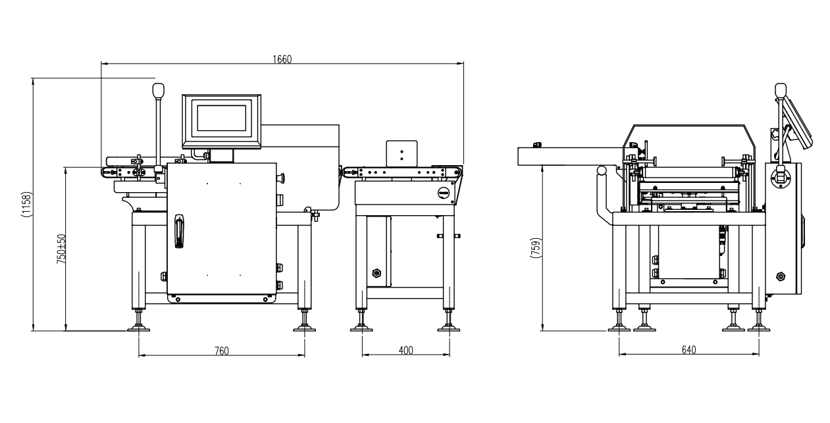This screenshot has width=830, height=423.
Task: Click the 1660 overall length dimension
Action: tap(282, 59)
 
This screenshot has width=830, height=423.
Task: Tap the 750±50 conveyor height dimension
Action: tap(61, 249)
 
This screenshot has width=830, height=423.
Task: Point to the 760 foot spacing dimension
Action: tap(222, 351)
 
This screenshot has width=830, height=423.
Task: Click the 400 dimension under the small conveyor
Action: tap(405, 351)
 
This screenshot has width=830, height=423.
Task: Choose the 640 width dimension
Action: tap(689, 350)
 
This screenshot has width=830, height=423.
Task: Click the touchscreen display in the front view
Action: tap(222, 121)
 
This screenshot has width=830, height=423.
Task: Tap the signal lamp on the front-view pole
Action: tap(158, 90)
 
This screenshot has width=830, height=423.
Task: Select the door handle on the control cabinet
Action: tap(179, 231)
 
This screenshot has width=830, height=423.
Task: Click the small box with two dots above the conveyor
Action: tap(402, 153)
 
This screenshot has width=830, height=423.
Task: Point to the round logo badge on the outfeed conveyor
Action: tap(444, 193)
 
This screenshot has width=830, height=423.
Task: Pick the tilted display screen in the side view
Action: tap(798, 123)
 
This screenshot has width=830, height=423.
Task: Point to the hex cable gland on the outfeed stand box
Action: tap(376, 274)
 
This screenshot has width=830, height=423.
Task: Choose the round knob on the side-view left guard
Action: tap(602, 171)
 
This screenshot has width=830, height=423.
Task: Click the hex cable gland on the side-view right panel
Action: tap(781, 276)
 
